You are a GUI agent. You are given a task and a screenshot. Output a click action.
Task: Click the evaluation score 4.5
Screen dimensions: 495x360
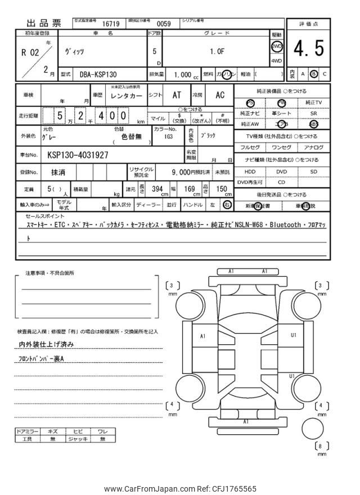308,50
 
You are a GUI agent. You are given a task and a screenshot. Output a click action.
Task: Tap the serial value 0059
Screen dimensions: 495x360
163,24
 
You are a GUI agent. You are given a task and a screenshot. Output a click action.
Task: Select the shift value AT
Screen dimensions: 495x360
176,96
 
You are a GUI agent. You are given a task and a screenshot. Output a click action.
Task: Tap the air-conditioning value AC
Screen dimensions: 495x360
219,96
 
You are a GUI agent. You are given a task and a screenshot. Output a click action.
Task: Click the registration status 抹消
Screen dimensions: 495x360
57,172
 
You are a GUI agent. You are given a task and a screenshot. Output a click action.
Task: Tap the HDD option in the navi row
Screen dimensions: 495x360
250,172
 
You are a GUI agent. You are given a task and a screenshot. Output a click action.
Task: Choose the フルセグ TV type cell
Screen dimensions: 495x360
250,147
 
